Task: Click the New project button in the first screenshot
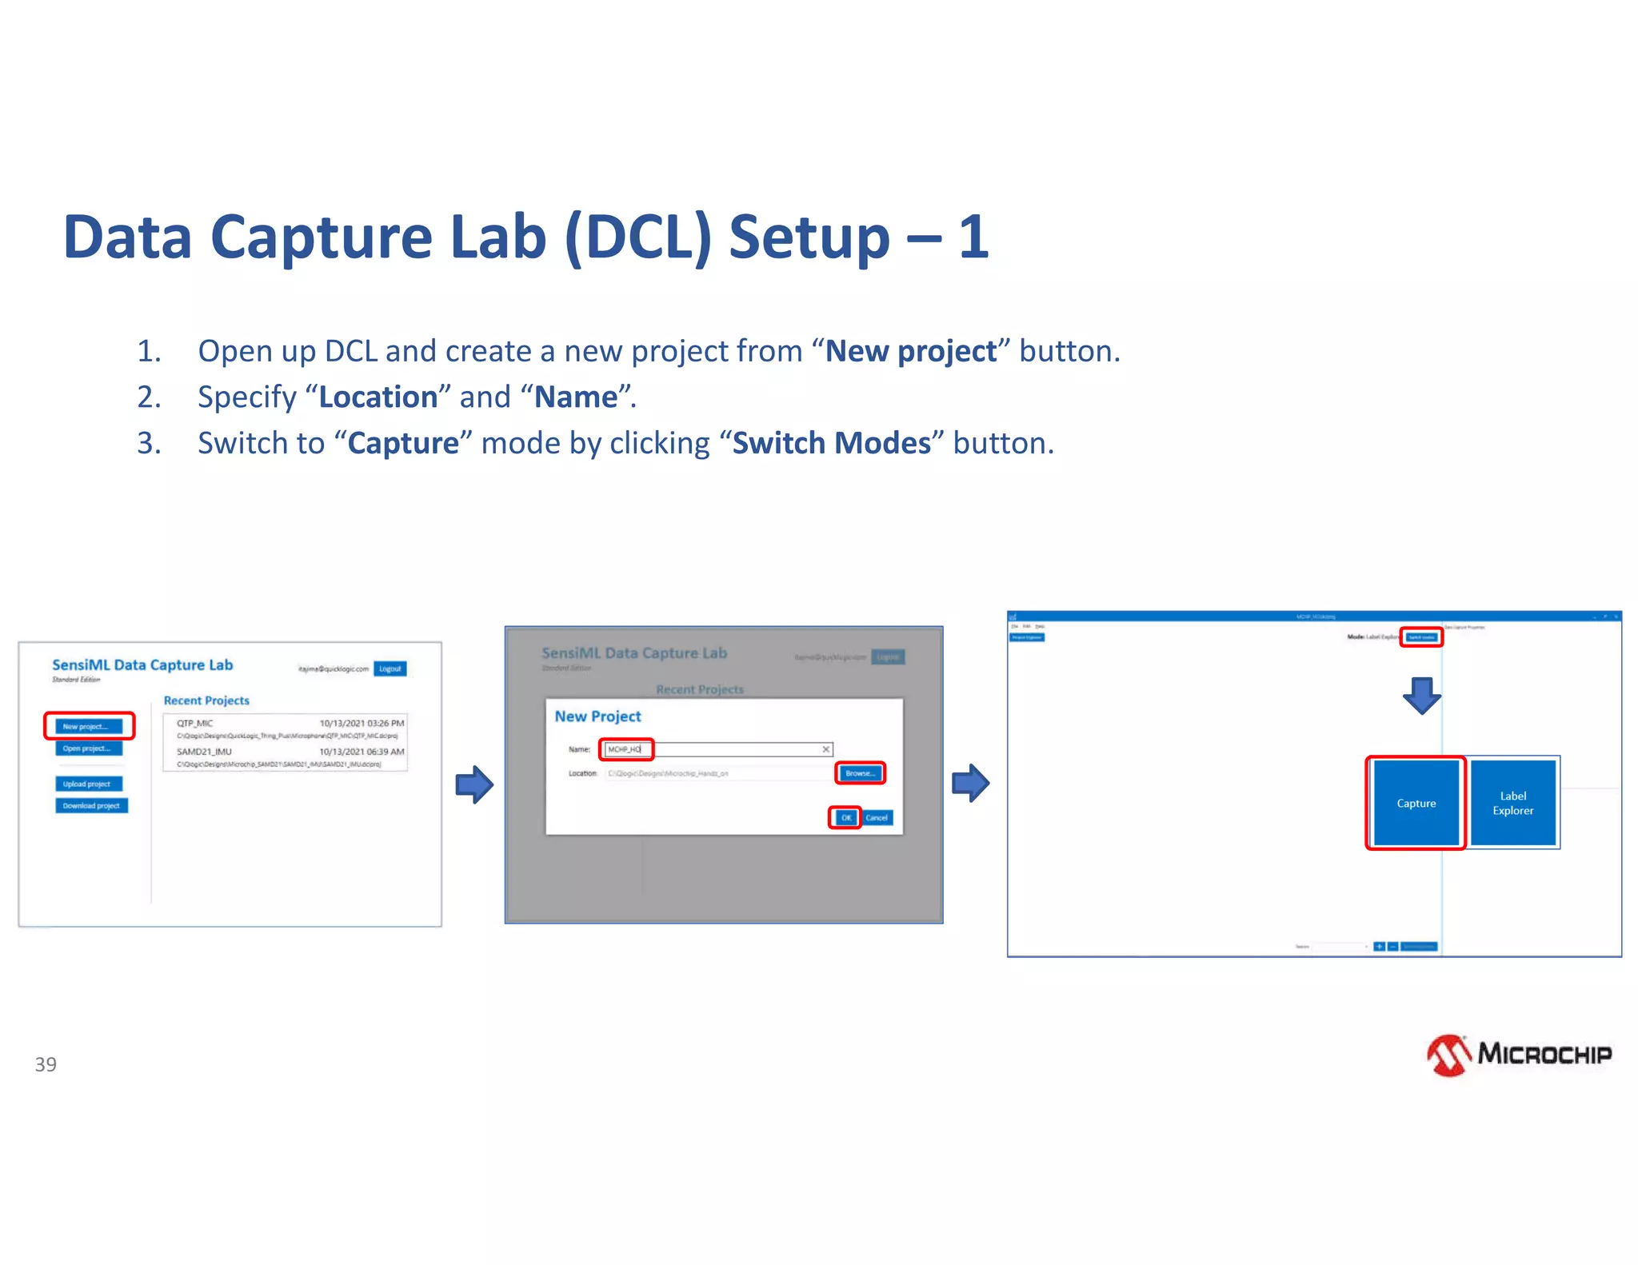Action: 88,726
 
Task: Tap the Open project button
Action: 88,748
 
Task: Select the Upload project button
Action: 88,784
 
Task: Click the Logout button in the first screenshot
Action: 390,668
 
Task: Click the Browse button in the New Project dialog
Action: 860,773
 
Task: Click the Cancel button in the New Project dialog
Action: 877,817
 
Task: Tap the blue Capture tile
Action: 1416,803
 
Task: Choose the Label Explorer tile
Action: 1512,803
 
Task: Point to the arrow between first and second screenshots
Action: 474,784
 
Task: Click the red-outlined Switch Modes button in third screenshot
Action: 1421,637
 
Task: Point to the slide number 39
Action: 46,1064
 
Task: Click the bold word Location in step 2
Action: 378,397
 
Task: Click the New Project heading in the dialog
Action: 597,716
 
